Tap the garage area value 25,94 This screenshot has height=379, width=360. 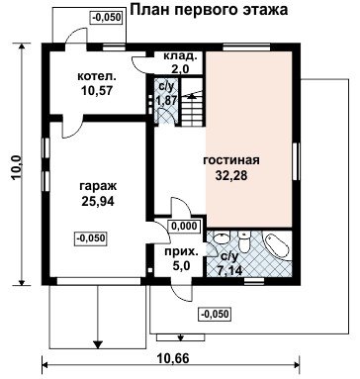(x=98, y=201)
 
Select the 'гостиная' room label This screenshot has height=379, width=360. (x=231, y=160)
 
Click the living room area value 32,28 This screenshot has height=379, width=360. (x=231, y=175)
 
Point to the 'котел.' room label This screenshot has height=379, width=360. (x=97, y=76)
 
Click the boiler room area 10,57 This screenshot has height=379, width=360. (x=97, y=90)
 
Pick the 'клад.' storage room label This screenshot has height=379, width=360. (x=181, y=56)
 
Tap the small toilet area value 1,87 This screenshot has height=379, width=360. (x=167, y=100)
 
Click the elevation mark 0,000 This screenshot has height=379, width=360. (x=184, y=227)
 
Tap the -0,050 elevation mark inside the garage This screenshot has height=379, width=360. (x=91, y=237)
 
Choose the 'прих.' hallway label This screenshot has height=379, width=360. (x=182, y=252)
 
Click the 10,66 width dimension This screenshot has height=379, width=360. (x=173, y=358)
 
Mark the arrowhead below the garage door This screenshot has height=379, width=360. (x=97, y=344)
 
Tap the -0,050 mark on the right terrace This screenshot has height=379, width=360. (x=215, y=314)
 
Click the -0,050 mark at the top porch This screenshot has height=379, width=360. (x=107, y=17)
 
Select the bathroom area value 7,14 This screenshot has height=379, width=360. (x=229, y=271)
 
